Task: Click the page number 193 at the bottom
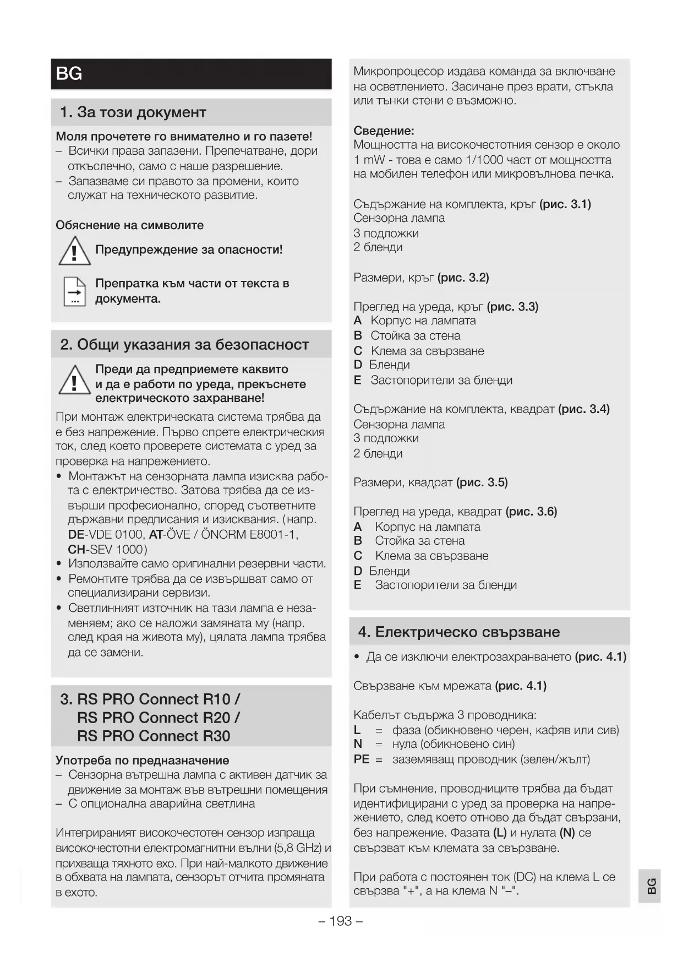coord(341,921)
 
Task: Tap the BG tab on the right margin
coord(651,886)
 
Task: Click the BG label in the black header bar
coord(69,74)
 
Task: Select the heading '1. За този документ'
coord(133,112)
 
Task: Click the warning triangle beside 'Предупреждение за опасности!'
coord(74,251)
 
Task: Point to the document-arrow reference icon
coord(74,291)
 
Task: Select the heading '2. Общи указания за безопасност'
coord(184,345)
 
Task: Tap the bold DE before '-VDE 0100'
coord(76,535)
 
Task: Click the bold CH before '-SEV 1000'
coord(76,550)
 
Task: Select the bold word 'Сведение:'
coord(384,131)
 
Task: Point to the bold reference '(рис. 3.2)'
coord(463,278)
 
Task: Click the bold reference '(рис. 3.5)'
coord(482,483)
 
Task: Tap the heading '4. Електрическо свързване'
coord(459,632)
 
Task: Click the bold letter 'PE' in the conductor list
coord(361,759)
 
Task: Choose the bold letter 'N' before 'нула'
coord(358,745)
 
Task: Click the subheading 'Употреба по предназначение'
coord(142,761)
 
